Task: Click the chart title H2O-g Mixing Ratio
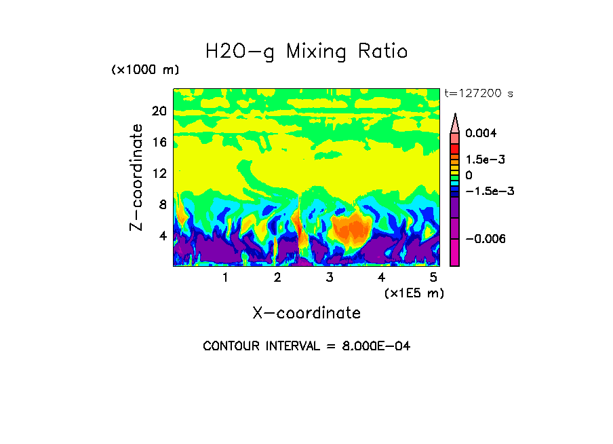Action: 306,52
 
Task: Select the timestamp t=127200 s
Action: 478,94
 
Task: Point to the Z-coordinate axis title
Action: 137,177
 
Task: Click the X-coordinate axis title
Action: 306,313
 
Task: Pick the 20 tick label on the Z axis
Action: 159,111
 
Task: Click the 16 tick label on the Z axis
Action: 159,143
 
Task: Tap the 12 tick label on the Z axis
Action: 159,174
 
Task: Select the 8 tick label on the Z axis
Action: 162,205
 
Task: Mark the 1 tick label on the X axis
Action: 225,278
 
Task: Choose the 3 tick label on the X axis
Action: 330,278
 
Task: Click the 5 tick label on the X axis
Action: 433,278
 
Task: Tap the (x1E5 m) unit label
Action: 414,293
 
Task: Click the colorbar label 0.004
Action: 481,133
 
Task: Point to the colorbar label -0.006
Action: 485,239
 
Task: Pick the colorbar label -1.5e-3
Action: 489,191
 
